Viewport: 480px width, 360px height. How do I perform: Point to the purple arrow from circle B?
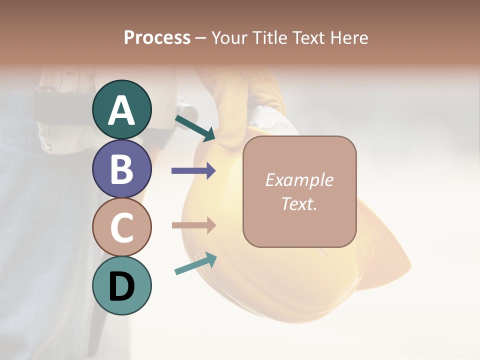point(193,170)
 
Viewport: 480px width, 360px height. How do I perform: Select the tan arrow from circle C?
point(193,225)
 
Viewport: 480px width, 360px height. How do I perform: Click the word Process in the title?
point(157,37)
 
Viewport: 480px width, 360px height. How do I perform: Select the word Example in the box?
point(299,180)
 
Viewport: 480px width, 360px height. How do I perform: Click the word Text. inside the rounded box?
point(299,203)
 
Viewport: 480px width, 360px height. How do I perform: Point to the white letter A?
point(121,110)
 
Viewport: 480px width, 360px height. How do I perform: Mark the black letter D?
point(121,286)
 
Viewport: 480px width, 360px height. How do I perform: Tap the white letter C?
point(121,227)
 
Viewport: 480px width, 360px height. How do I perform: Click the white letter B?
point(121,169)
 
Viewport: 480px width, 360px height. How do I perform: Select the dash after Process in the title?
point(201,38)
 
